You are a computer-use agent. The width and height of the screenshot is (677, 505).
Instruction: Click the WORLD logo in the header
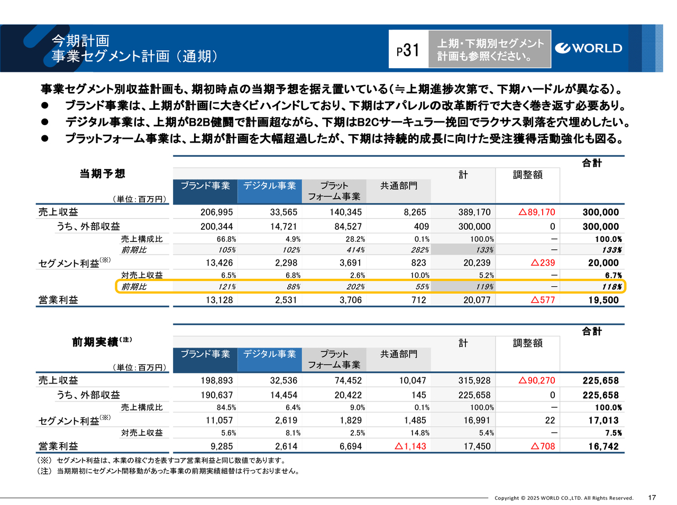pyautogui.click(x=588, y=49)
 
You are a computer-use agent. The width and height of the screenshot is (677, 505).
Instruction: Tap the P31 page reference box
pyautogui.click(x=408, y=50)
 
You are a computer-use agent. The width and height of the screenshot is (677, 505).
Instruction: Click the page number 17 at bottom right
pyautogui.click(x=652, y=498)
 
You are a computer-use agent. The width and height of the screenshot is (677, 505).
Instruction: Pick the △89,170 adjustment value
pyautogui.click(x=537, y=212)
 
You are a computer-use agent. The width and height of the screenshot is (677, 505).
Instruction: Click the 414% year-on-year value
pyautogui.click(x=355, y=250)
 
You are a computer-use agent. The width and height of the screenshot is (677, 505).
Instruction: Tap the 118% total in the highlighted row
pyautogui.click(x=611, y=287)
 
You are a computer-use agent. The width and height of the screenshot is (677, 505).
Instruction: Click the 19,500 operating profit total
pyautogui.click(x=603, y=300)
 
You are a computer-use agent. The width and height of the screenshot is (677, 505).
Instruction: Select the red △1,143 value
pyautogui.click(x=410, y=446)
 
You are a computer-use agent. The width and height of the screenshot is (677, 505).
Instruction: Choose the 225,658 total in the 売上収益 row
pyautogui.click(x=600, y=381)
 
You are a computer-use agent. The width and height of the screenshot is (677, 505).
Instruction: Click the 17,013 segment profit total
pyautogui.click(x=603, y=420)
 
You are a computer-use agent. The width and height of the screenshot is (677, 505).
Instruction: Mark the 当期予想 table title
pyautogui.click(x=102, y=174)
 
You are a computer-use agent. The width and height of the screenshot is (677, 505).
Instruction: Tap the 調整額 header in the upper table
pyautogui.click(x=527, y=175)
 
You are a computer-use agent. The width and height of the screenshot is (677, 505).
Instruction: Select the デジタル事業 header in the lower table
pyautogui.click(x=269, y=354)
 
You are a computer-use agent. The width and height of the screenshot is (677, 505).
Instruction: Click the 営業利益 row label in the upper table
pyautogui.click(x=58, y=300)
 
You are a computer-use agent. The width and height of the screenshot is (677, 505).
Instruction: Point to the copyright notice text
pyautogui.click(x=564, y=498)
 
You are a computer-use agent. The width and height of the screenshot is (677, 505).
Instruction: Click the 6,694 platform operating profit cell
pyautogui.click(x=351, y=446)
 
